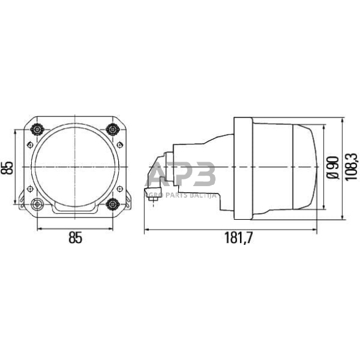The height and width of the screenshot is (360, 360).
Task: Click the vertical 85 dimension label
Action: tap(8, 167)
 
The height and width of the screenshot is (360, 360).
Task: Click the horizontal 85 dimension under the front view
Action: tap(75, 238)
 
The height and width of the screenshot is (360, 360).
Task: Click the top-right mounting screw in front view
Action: tap(112, 129)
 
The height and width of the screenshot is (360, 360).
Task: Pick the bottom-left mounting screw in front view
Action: tap(38, 204)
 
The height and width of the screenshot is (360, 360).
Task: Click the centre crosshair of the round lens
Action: tap(75, 167)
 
